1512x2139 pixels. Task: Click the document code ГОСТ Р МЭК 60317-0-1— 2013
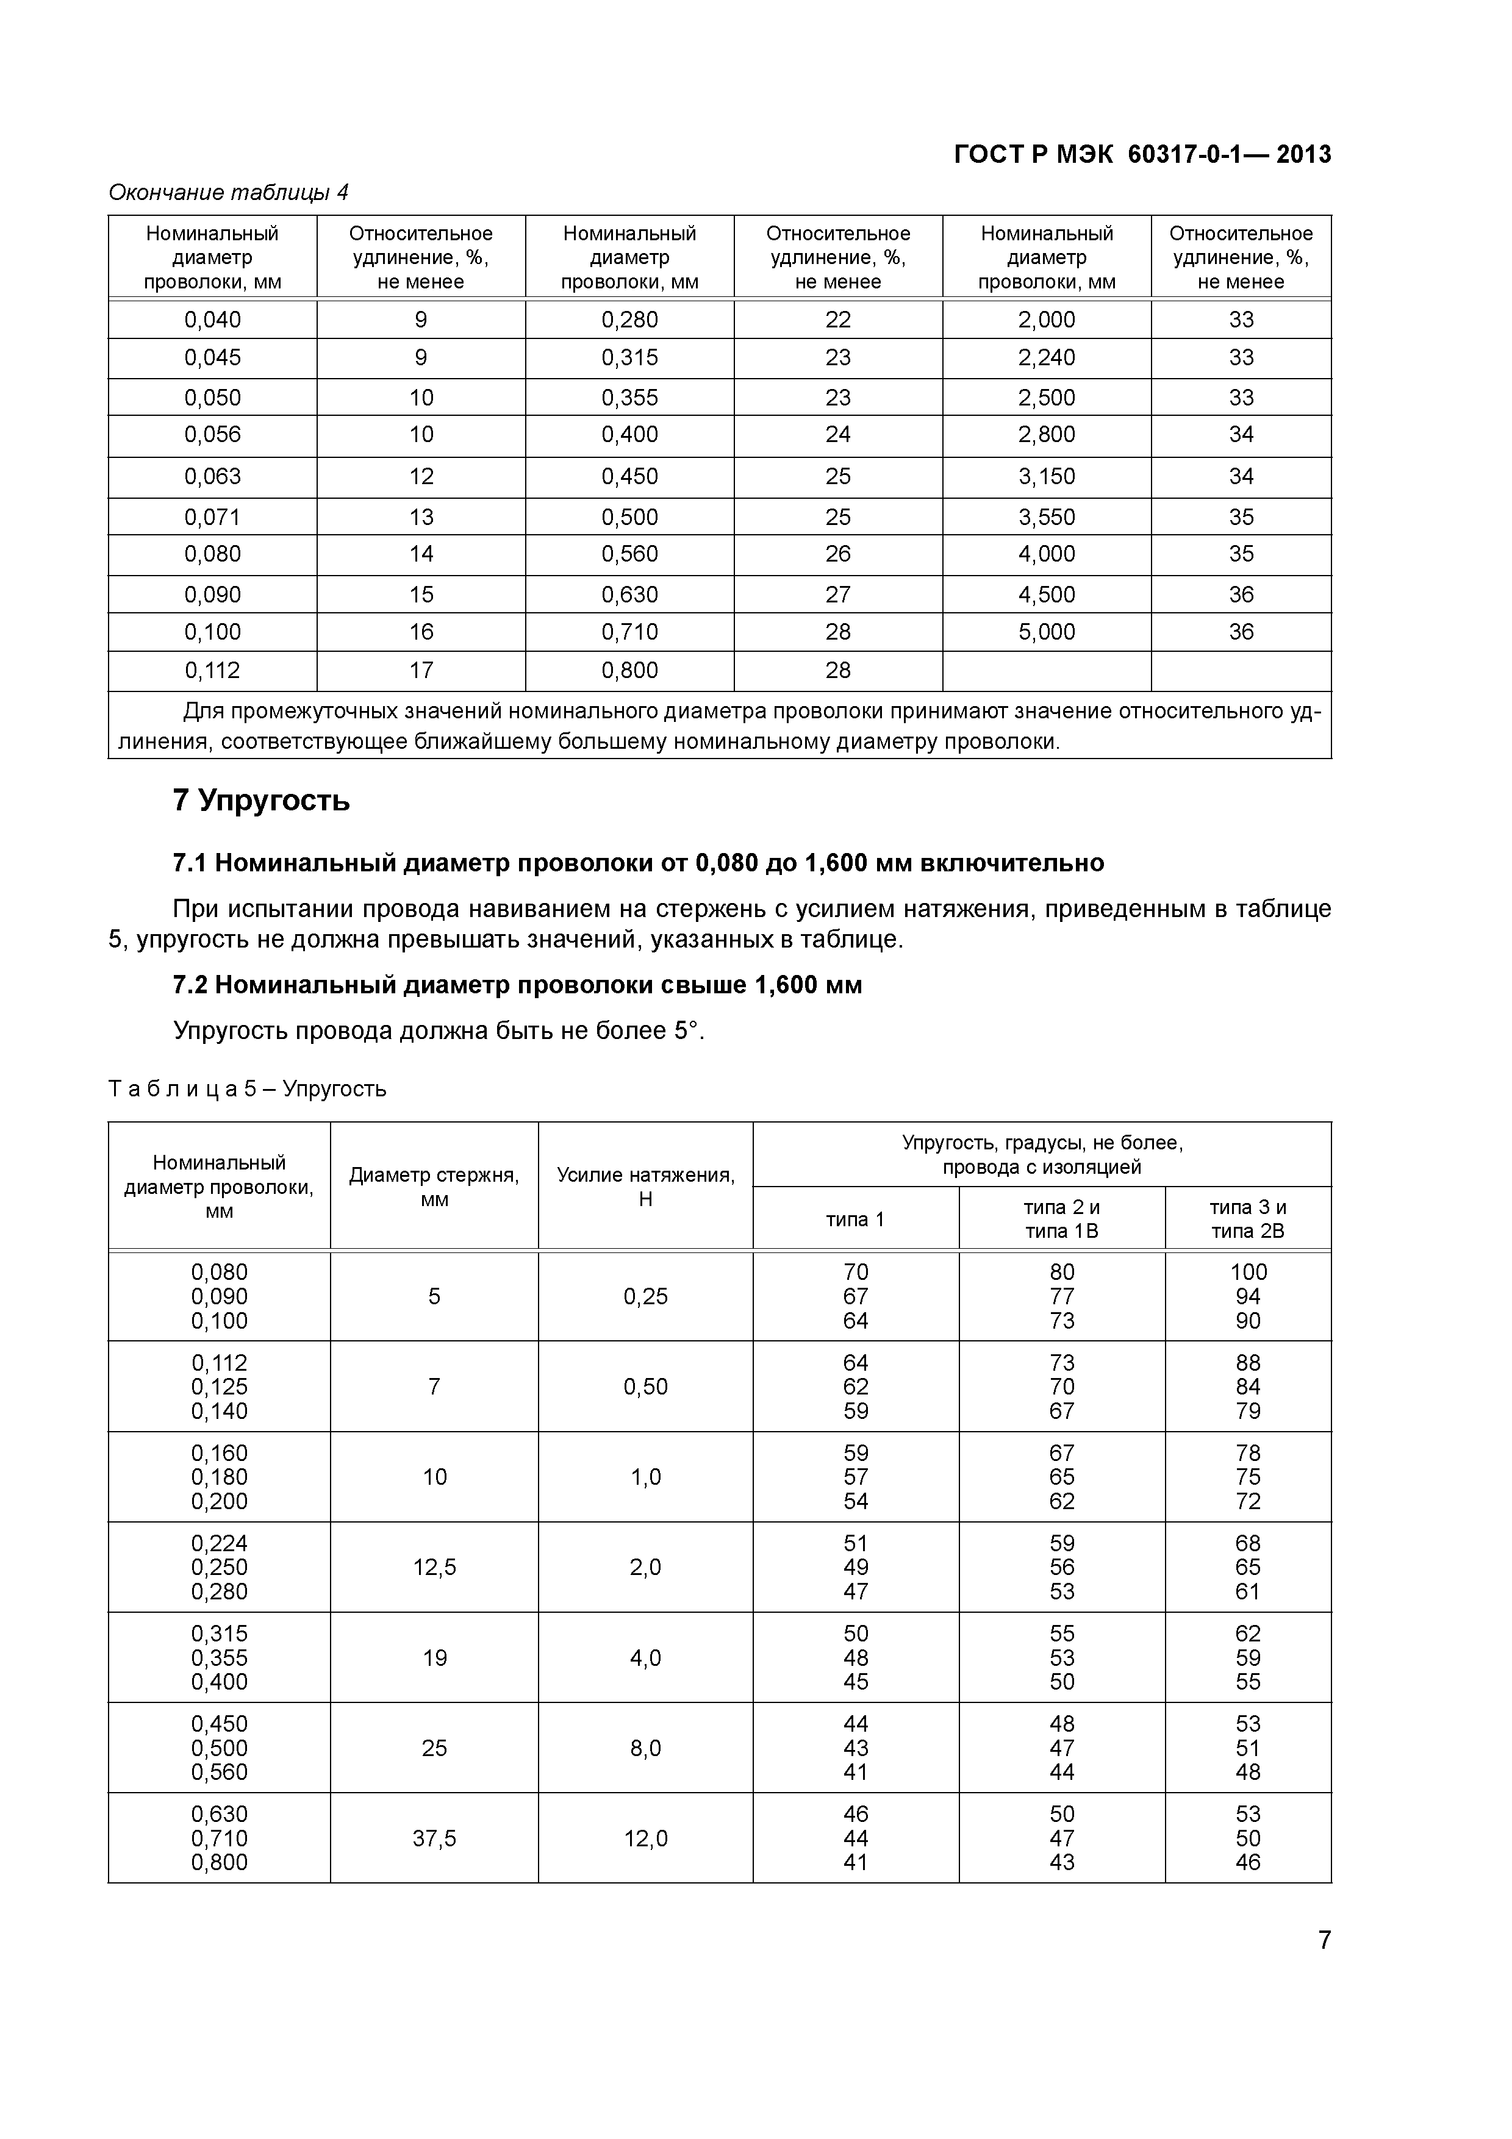click(x=1142, y=155)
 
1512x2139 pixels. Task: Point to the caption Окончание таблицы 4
click(x=228, y=193)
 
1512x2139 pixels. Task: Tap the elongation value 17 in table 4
click(x=421, y=671)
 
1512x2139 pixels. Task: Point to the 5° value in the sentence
click(x=686, y=1031)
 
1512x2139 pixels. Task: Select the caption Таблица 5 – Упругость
click(x=247, y=1089)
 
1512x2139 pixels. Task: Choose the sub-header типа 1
click(x=855, y=1218)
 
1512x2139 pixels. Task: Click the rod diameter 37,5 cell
click(x=434, y=1838)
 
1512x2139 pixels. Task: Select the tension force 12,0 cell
click(x=646, y=1838)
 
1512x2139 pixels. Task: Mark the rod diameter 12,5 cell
click(x=434, y=1567)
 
